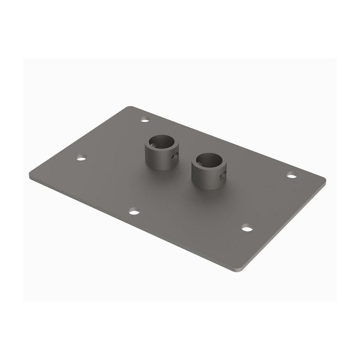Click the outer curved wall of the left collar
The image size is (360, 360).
coord(155,160)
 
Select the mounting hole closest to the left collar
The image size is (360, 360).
coord(145,119)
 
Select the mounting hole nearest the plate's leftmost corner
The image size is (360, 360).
coord(82,157)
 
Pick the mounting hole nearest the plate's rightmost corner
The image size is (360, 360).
coord(292,175)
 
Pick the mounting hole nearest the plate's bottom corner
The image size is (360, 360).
coord(247,228)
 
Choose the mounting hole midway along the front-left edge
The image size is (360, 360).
coord(134,212)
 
